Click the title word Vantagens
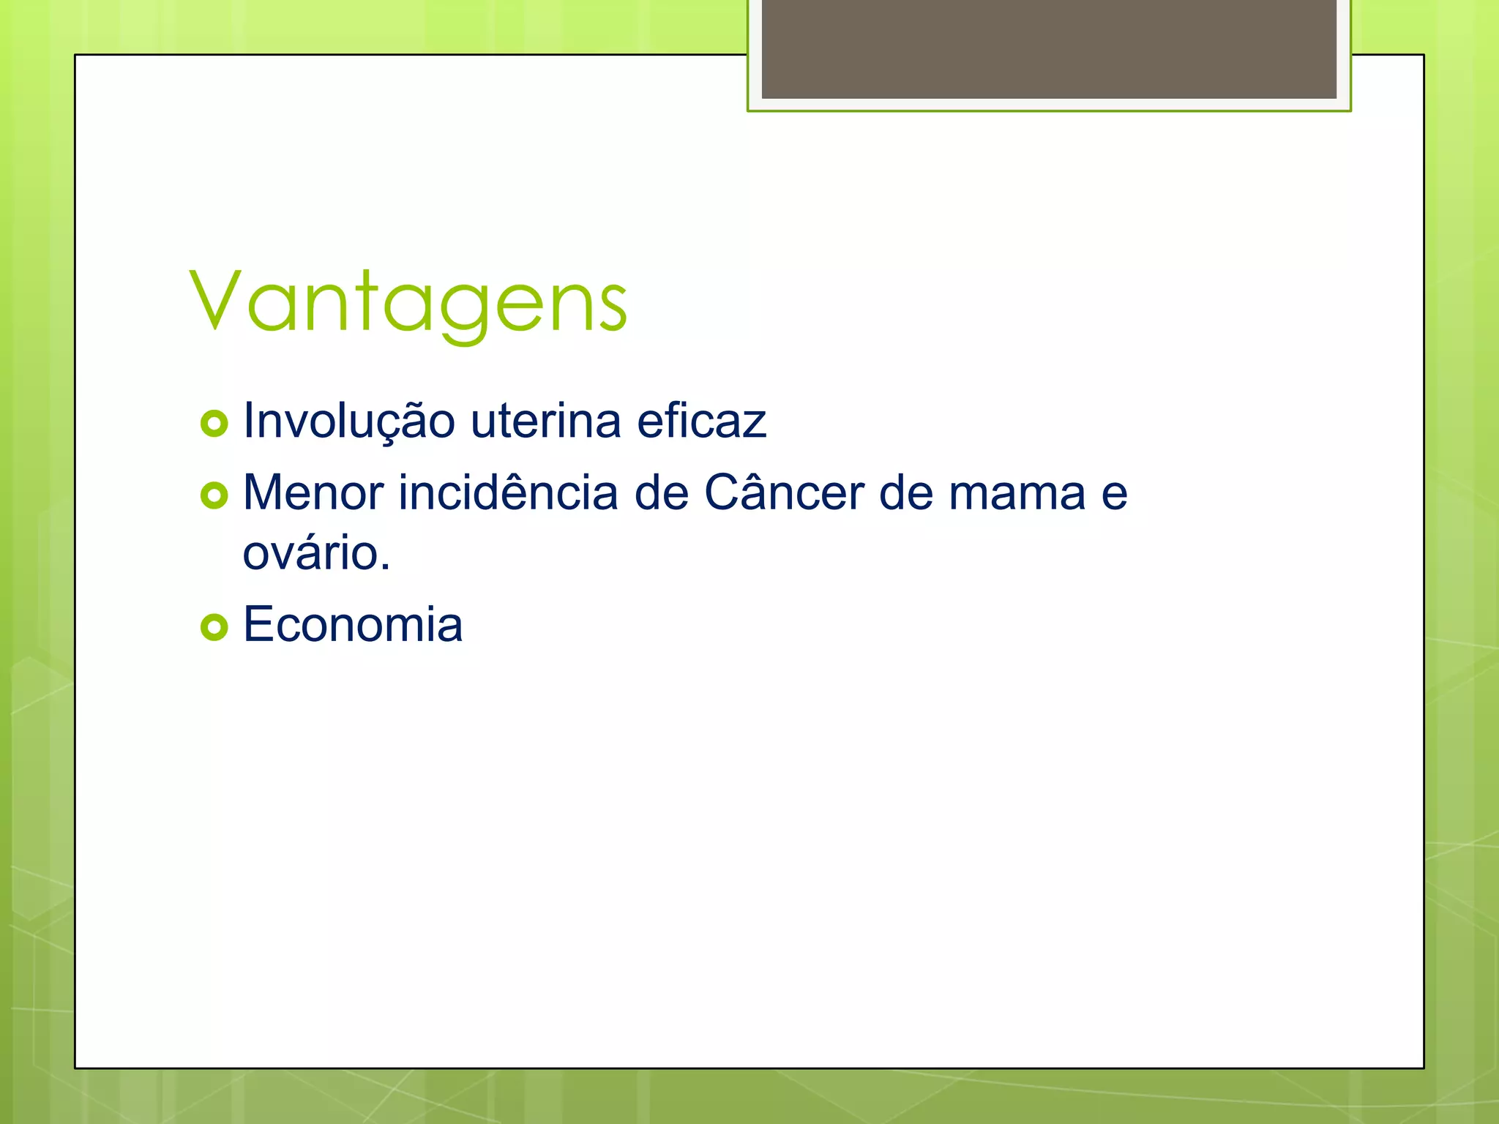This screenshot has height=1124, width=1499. coord(408,301)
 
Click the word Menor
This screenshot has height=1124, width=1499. coord(313,492)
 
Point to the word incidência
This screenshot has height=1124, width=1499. coord(508,492)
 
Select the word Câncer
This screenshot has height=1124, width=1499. coord(783,492)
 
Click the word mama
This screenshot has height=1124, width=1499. coord(1017,494)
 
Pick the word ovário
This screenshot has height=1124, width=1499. coord(310,553)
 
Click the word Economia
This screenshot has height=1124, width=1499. coord(352,625)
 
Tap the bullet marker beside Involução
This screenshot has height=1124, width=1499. coord(214,424)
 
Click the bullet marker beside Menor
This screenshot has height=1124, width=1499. coord(214,496)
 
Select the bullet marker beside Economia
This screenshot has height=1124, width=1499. coord(214,627)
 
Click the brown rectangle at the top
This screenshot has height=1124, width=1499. coord(1048,48)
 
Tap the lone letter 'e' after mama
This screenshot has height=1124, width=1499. coord(1114,495)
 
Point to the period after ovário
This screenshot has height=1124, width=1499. coord(385,568)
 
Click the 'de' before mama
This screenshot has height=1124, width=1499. coord(905,492)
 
